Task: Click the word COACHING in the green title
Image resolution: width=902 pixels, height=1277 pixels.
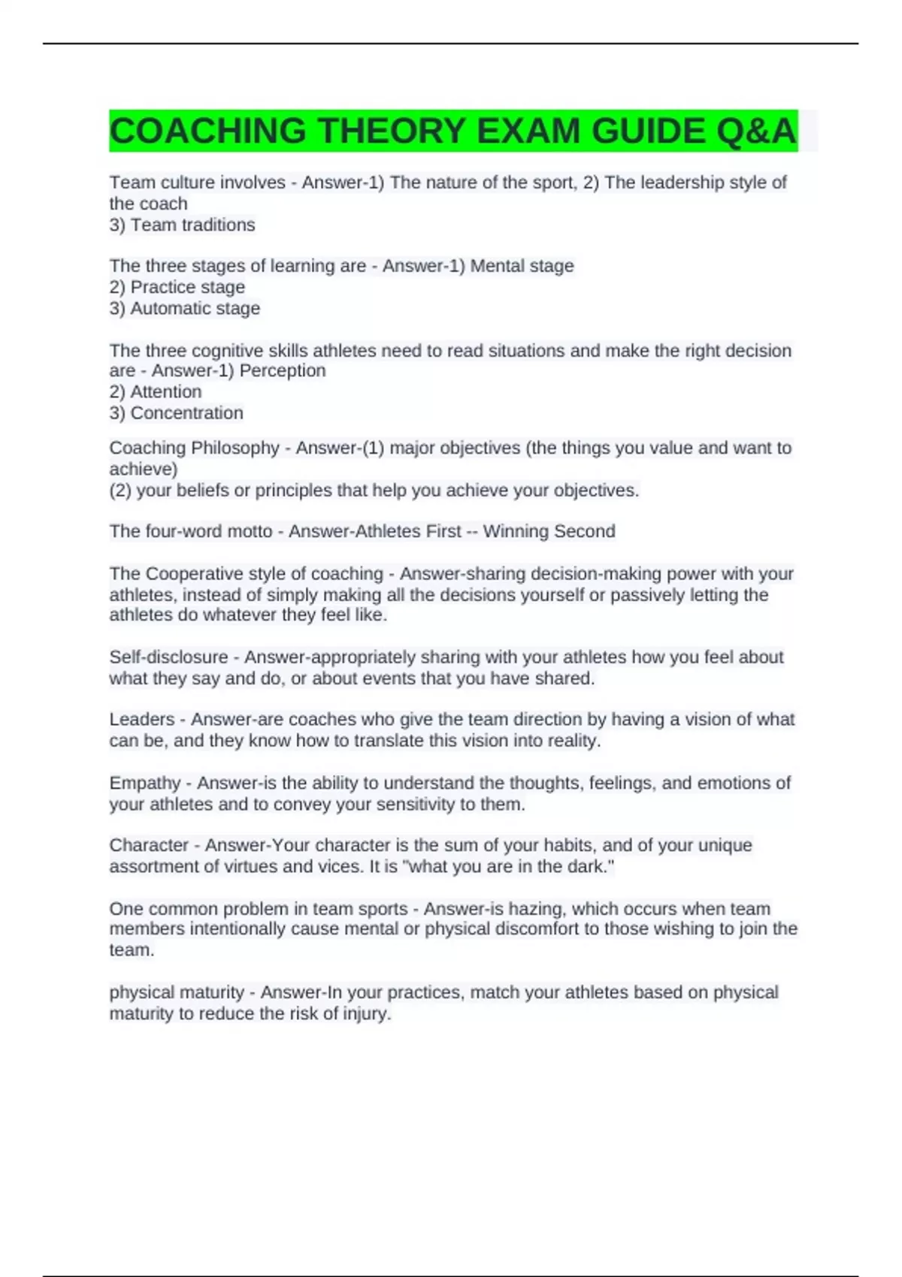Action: tap(207, 131)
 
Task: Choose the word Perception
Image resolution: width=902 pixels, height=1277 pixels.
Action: tap(282, 370)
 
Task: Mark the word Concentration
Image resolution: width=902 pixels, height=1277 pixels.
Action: tap(186, 412)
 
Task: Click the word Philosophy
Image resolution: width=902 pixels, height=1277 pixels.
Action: tap(235, 448)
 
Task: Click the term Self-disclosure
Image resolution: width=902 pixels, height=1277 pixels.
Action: tap(168, 657)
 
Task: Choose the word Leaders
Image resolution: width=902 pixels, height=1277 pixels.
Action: tap(142, 720)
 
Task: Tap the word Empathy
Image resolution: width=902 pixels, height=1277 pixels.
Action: tap(145, 783)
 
